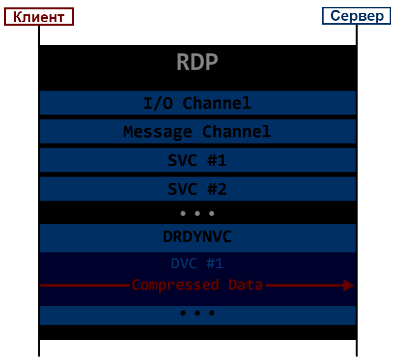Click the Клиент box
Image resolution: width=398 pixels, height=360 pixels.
click(39, 16)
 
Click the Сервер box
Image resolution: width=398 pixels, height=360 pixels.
click(357, 16)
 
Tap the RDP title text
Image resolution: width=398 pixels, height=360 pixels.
click(197, 62)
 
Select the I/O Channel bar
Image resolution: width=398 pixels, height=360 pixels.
click(198, 103)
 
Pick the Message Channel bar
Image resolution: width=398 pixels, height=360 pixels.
click(198, 131)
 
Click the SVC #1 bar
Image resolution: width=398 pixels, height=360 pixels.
click(198, 160)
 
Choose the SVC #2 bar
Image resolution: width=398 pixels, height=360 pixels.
click(198, 189)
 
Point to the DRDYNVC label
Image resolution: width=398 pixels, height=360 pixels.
click(197, 237)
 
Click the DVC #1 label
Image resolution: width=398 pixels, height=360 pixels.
click(197, 263)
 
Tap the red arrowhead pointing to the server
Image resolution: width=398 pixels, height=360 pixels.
click(349, 286)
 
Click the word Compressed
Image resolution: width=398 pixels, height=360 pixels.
click(175, 285)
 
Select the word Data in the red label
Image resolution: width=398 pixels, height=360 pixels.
click(245, 285)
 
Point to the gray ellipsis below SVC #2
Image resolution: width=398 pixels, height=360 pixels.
click(197, 214)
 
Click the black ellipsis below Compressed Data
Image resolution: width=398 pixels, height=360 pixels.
click(197, 313)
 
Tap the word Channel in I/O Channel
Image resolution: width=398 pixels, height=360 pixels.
click(217, 103)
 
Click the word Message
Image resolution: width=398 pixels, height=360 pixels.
click(158, 132)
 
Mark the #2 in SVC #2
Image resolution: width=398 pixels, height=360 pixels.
click(217, 189)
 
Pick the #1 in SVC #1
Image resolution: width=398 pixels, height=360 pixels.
click(217, 160)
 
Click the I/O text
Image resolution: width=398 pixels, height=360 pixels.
click(158, 103)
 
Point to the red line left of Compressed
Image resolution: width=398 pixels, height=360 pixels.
click(85, 286)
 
